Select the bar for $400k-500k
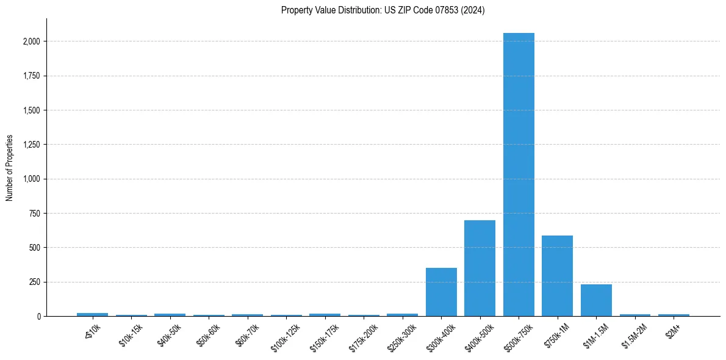click(480, 268)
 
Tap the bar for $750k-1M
click(557, 276)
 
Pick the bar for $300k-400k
click(441, 292)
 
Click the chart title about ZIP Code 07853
click(383, 10)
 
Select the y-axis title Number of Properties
click(10, 168)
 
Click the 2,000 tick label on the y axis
click(32, 41)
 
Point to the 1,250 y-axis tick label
click(32, 145)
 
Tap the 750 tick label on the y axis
click(35, 214)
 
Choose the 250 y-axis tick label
click(35, 283)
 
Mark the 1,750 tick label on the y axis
click(32, 76)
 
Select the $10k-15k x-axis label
click(131, 335)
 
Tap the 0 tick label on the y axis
click(38, 317)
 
